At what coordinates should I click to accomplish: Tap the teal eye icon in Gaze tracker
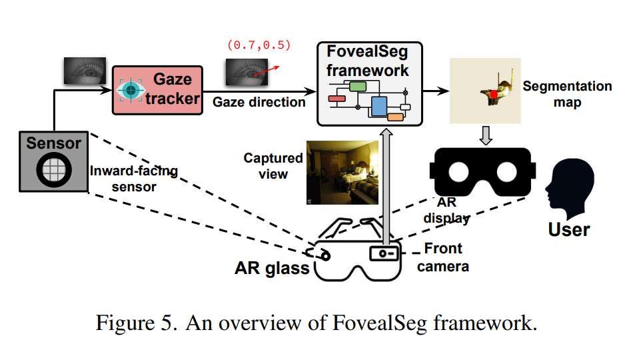tap(131, 89)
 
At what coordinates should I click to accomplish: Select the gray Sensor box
tap(53, 161)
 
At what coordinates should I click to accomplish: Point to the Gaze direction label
tap(259, 102)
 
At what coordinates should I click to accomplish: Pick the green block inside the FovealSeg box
tap(358, 86)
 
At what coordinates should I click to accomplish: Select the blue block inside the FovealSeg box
tap(379, 106)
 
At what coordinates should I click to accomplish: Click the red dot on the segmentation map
tap(494, 95)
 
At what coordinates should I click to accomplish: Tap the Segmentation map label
tap(566, 94)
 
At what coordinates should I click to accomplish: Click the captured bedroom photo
tap(342, 171)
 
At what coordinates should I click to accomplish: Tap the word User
tap(568, 230)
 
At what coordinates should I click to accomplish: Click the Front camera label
tap(447, 258)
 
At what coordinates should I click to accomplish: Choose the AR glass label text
tap(272, 268)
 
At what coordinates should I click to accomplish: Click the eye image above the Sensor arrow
tap(84, 71)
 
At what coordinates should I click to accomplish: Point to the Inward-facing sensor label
tap(125, 179)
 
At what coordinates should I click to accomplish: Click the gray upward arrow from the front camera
tap(386, 187)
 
